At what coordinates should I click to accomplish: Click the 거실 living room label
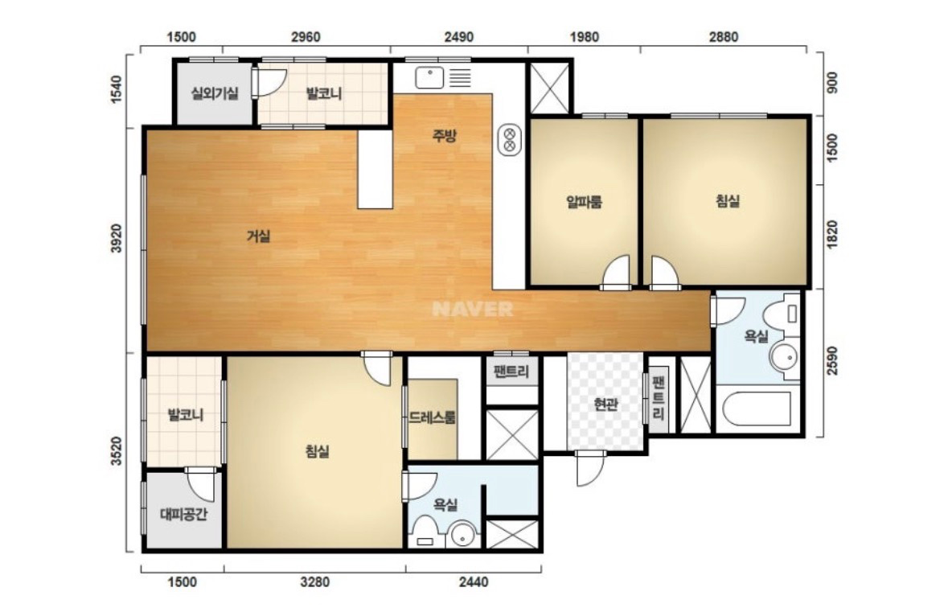point(258,236)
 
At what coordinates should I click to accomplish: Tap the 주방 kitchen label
point(444,135)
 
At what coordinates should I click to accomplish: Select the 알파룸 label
point(584,201)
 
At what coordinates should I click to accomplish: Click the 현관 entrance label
point(605,404)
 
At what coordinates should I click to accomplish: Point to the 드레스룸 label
point(433,417)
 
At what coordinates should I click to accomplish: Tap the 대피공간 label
point(184,515)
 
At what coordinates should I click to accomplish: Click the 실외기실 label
point(215,94)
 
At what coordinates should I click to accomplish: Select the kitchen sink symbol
point(443,78)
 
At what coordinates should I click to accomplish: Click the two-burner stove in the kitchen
point(510,140)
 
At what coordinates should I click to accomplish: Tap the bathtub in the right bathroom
point(757,410)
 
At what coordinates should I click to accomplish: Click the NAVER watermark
point(473,309)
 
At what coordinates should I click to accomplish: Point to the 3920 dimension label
point(116,238)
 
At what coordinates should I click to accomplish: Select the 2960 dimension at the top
point(306,37)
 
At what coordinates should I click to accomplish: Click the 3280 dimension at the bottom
point(315,582)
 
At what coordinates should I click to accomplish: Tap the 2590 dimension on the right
point(832,360)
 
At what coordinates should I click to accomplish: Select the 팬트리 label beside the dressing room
point(511,372)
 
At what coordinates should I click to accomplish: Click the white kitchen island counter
point(375,169)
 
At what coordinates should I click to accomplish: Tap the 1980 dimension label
point(584,37)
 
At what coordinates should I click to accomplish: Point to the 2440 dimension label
point(474,582)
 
